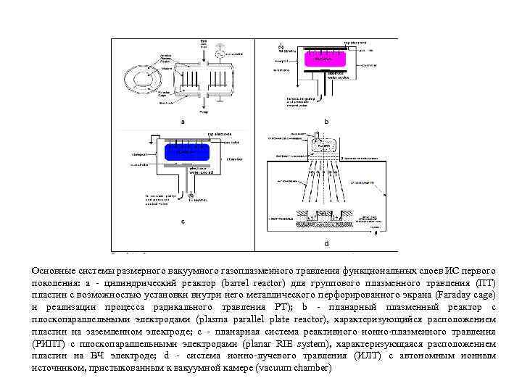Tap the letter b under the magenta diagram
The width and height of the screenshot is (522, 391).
click(326, 122)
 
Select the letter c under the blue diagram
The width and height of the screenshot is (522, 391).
click(182, 222)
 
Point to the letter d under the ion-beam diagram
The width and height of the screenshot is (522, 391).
click(326, 243)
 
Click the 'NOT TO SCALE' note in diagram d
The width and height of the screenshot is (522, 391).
click(281, 217)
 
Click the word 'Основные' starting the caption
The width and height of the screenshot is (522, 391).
click(52, 269)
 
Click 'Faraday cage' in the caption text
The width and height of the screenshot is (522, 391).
click(468, 295)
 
